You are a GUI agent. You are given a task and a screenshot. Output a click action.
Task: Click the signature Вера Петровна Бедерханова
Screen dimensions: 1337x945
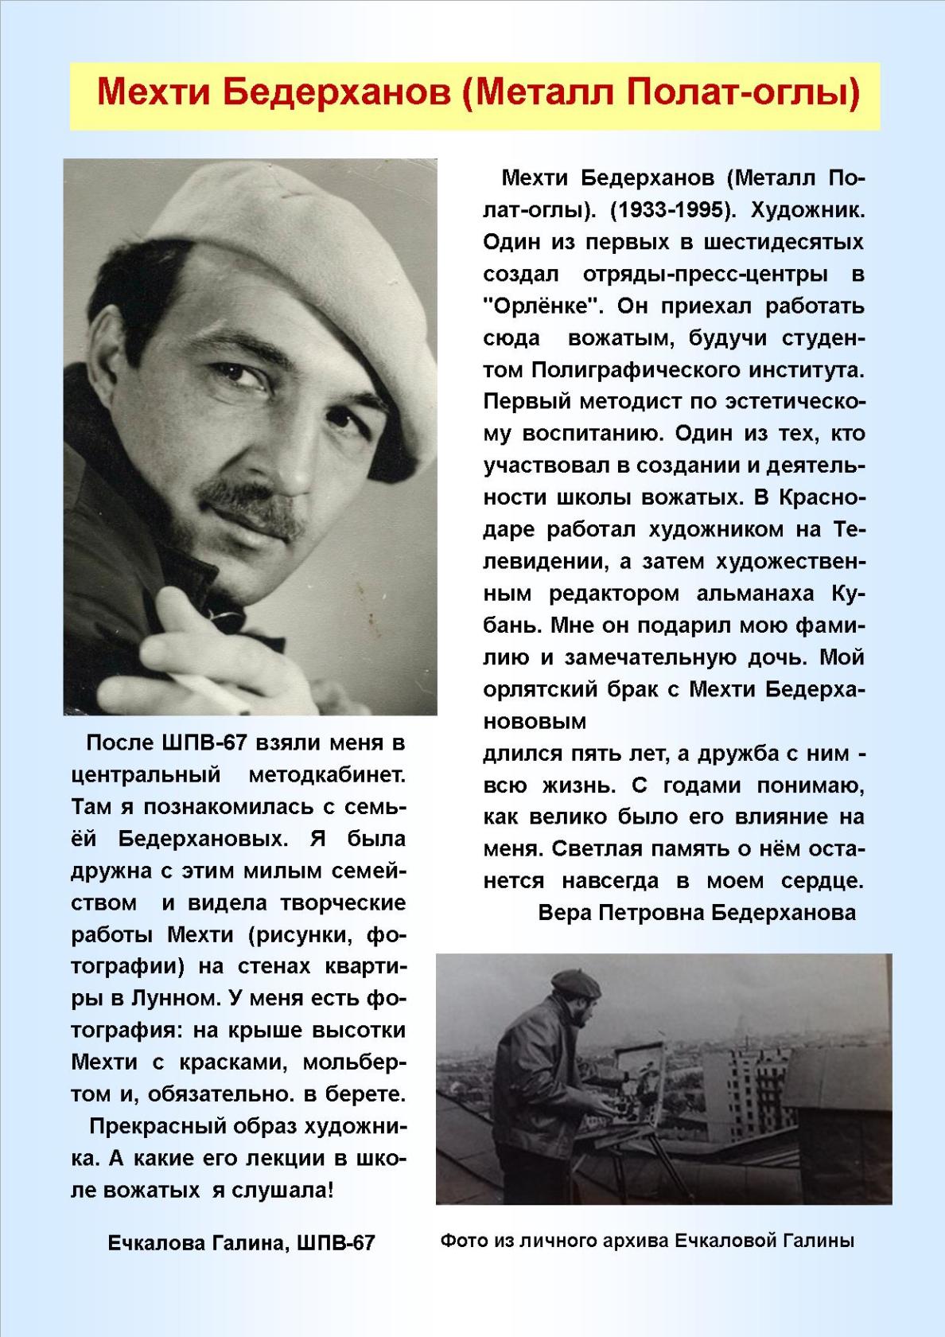697,912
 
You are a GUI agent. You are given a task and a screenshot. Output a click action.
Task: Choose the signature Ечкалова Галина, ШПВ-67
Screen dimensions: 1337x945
241,1243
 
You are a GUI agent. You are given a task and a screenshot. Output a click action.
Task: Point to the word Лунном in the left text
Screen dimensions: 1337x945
174,999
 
